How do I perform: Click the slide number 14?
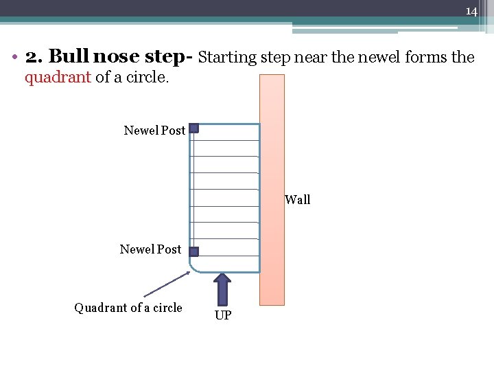pos(471,12)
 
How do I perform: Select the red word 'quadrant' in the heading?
pos(58,77)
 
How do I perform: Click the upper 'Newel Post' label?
pos(154,130)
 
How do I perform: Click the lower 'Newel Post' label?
pos(150,249)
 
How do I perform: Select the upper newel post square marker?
pos(194,128)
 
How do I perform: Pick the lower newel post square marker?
pos(194,251)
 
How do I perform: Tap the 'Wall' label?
pos(297,200)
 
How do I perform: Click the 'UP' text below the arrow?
pos(223,315)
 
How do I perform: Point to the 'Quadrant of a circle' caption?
pos(128,308)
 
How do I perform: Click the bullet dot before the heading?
pos(15,58)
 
